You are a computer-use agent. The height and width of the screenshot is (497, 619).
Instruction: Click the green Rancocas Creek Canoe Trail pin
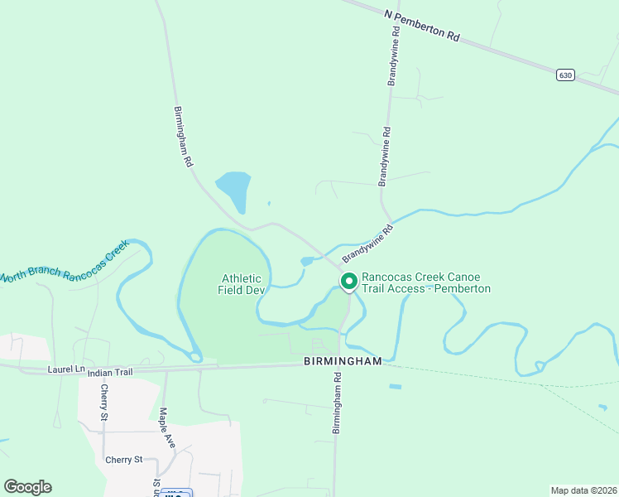(348, 282)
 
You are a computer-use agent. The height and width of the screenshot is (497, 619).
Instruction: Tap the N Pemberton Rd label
(421, 26)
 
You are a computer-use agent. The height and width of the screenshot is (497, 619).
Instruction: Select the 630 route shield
(565, 75)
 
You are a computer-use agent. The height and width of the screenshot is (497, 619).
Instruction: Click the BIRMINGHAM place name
(342, 362)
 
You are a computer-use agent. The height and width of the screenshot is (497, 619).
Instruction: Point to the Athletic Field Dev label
(240, 284)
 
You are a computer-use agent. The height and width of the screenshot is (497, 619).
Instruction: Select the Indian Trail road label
(110, 372)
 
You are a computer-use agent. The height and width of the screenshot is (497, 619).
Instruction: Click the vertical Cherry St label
(104, 403)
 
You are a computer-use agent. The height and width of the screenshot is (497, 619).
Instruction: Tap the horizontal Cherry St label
(124, 460)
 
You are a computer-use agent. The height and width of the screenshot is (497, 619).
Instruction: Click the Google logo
(27, 487)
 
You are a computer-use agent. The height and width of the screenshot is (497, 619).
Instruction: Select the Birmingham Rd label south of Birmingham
(337, 403)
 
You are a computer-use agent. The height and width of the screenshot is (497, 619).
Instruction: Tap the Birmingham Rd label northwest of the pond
(183, 138)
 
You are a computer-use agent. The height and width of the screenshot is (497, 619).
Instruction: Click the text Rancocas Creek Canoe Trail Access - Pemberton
(426, 282)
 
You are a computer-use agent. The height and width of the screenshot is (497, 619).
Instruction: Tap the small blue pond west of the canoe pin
(307, 262)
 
